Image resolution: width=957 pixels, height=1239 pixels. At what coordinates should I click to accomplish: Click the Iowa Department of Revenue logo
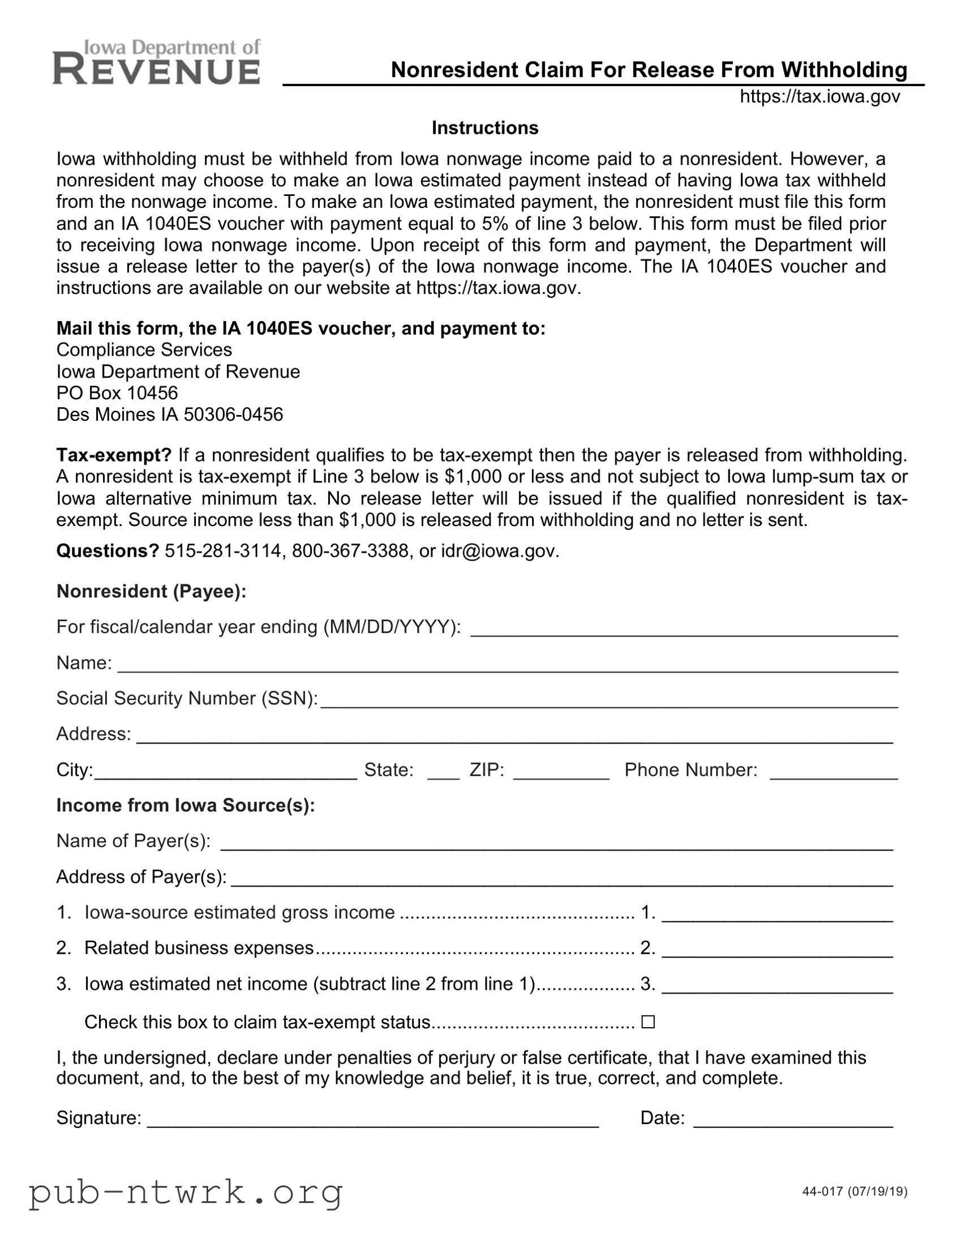[x=156, y=62]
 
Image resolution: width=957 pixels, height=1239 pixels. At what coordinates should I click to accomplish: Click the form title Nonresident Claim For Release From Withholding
[x=649, y=70]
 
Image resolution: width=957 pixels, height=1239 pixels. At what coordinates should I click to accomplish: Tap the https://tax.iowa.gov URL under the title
[x=819, y=96]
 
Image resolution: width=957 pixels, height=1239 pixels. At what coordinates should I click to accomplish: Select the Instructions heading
[x=485, y=127]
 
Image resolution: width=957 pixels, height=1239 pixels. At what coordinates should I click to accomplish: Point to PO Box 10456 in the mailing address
[x=117, y=392]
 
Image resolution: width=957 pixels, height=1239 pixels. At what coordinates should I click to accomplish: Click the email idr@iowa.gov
[x=500, y=550]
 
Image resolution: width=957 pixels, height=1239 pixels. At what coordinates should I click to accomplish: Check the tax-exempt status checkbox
[x=647, y=1022]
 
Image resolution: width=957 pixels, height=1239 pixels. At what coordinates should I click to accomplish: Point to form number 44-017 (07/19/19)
[x=855, y=1191]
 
